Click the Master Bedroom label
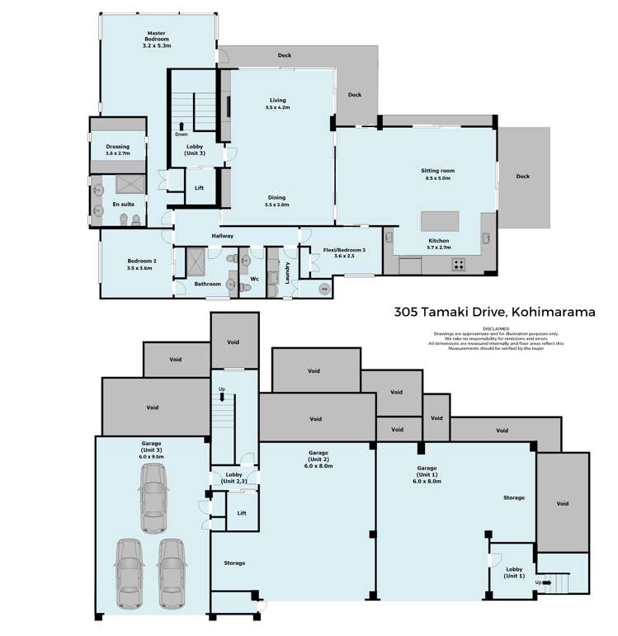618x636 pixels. tap(156, 36)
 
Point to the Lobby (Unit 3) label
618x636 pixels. tap(195, 149)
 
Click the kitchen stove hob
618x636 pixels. tap(458, 265)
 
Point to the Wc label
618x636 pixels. tap(255, 279)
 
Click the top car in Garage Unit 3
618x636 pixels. tap(153, 498)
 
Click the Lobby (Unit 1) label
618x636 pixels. tap(513, 572)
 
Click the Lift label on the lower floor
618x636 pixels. tap(241, 513)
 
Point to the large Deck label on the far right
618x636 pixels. tap(523, 176)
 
